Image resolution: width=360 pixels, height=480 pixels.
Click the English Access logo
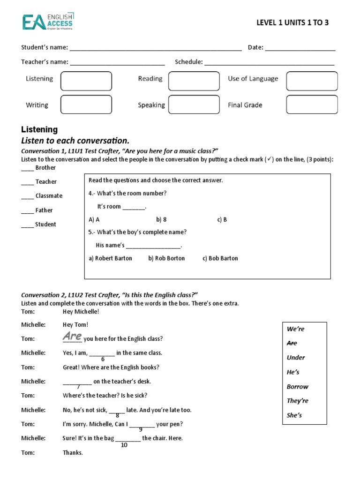pos(47,22)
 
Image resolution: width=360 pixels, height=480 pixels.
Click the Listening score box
pos(86,81)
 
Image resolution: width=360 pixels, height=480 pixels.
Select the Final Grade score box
pos(312,104)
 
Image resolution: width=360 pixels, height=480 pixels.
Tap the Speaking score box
pos(194,104)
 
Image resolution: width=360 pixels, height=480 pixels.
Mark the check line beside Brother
pos(28,168)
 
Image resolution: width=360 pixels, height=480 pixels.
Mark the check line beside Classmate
pos(28,197)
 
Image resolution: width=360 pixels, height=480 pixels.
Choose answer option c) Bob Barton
pos(220,258)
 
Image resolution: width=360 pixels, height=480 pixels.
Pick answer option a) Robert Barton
pos(111,258)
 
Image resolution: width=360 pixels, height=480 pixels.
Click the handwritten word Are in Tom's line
pos(72,336)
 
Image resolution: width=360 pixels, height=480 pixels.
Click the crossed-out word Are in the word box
pos(292,343)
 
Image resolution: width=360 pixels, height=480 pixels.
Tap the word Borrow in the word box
pos(298,387)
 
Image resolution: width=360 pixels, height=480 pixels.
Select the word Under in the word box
pos(296,358)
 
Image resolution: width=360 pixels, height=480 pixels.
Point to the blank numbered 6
pos(102,354)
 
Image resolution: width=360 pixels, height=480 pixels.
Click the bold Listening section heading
pos(39,129)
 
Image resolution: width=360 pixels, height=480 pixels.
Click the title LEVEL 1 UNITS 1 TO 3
pos(292,22)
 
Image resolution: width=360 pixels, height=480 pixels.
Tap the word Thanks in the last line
pos(73,453)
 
